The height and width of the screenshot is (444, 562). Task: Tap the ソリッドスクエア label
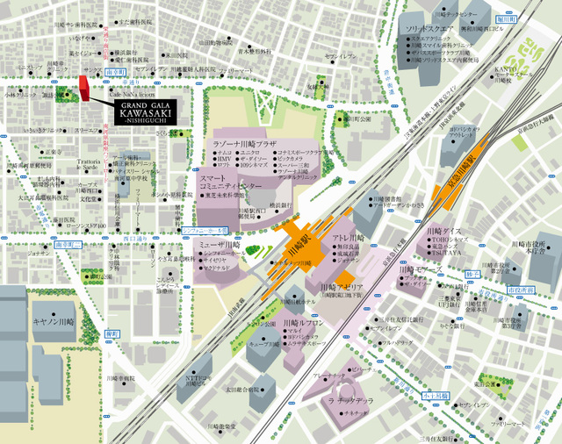430,28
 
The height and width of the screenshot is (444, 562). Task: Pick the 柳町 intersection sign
111,333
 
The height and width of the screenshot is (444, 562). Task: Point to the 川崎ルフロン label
302,322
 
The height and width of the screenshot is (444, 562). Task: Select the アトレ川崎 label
348,239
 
